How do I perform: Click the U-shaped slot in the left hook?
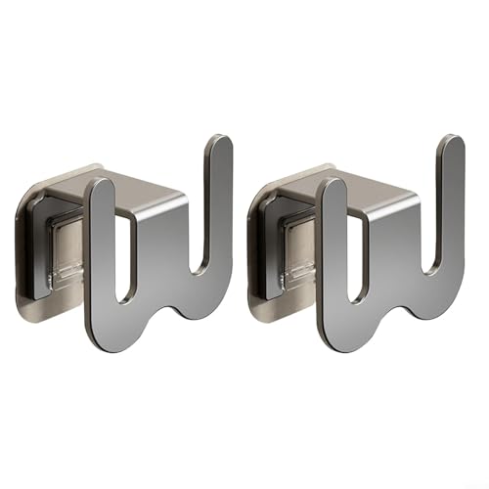point(124,254)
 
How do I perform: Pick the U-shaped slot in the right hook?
point(354,254)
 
